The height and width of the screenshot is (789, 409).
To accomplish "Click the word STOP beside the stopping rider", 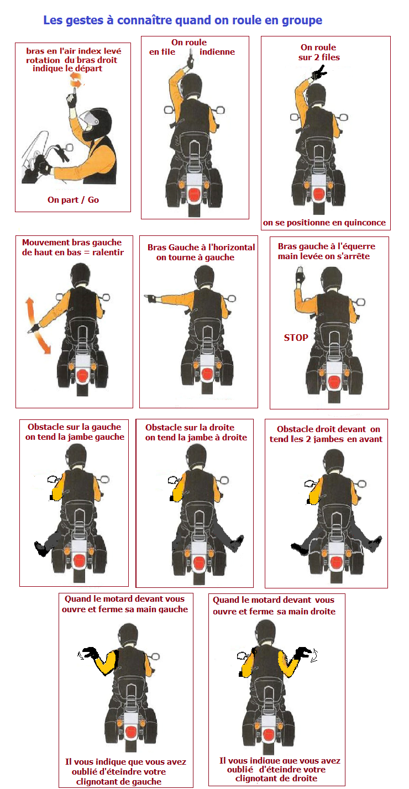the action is (296, 338).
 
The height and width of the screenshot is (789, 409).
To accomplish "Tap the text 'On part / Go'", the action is (74, 199).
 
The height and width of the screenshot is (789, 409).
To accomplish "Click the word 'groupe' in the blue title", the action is (302, 20).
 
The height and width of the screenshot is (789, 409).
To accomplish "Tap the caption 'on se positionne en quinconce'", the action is (324, 223).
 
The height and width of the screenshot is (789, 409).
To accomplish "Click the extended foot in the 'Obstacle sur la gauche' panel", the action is (41, 548).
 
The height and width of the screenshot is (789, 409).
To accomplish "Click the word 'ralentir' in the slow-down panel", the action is (108, 252).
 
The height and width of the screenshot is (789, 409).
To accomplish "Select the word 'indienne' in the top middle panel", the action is (217, 52).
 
